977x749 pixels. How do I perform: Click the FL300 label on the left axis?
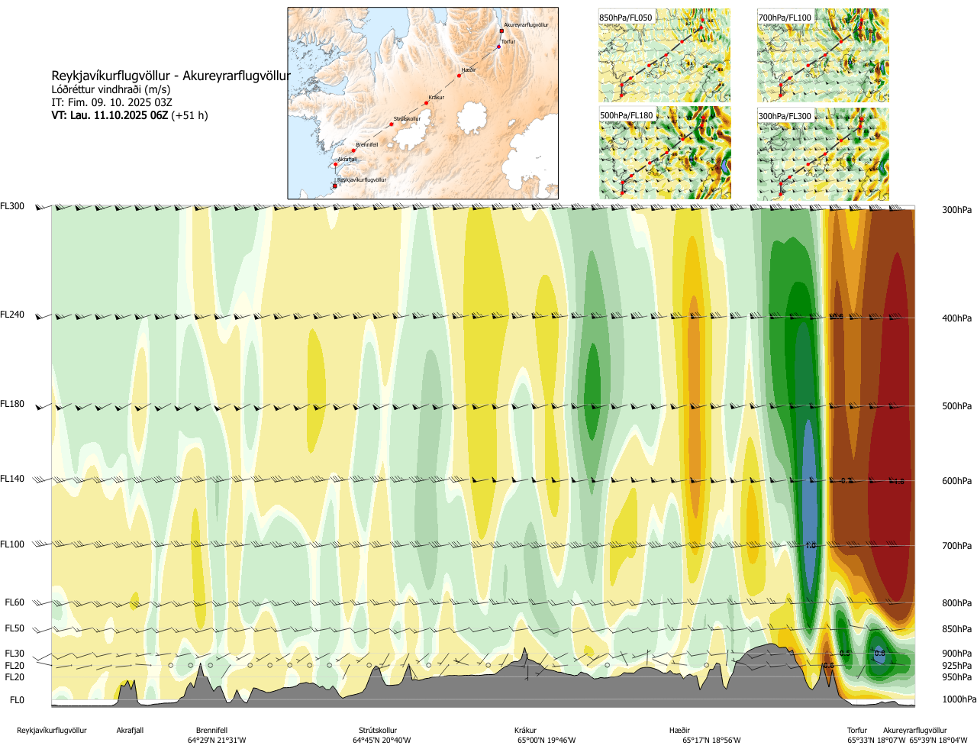click(12, 206)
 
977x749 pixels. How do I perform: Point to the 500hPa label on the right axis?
click(956, 406)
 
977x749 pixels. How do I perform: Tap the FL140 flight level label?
click(12, 479)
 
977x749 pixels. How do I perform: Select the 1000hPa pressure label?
click(959, 699)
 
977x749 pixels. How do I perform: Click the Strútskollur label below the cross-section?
click(378, 731)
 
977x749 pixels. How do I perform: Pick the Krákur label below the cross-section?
click(525, 731)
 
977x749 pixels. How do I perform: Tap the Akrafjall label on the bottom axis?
click(130, 731)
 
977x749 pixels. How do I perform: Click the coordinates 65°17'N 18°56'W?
click(711, 741)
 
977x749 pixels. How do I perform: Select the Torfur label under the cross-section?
click(857, 731)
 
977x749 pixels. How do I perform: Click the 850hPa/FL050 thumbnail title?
click(626, 18)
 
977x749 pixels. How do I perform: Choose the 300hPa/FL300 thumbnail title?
click(785, 116)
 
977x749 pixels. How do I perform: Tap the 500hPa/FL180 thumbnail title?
click(627, 116)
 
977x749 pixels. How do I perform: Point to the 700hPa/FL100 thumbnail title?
click(785, 18)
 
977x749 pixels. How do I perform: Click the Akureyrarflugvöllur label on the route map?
click(526, 25)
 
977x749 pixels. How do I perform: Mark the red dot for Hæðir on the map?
click(459, 76)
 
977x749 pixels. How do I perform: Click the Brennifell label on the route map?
click(366, 144)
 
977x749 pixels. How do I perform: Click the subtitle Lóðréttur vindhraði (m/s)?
click(111, 89)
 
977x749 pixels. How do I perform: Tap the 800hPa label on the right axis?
click(956, 603)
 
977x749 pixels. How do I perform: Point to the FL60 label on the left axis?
click(15, 602)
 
